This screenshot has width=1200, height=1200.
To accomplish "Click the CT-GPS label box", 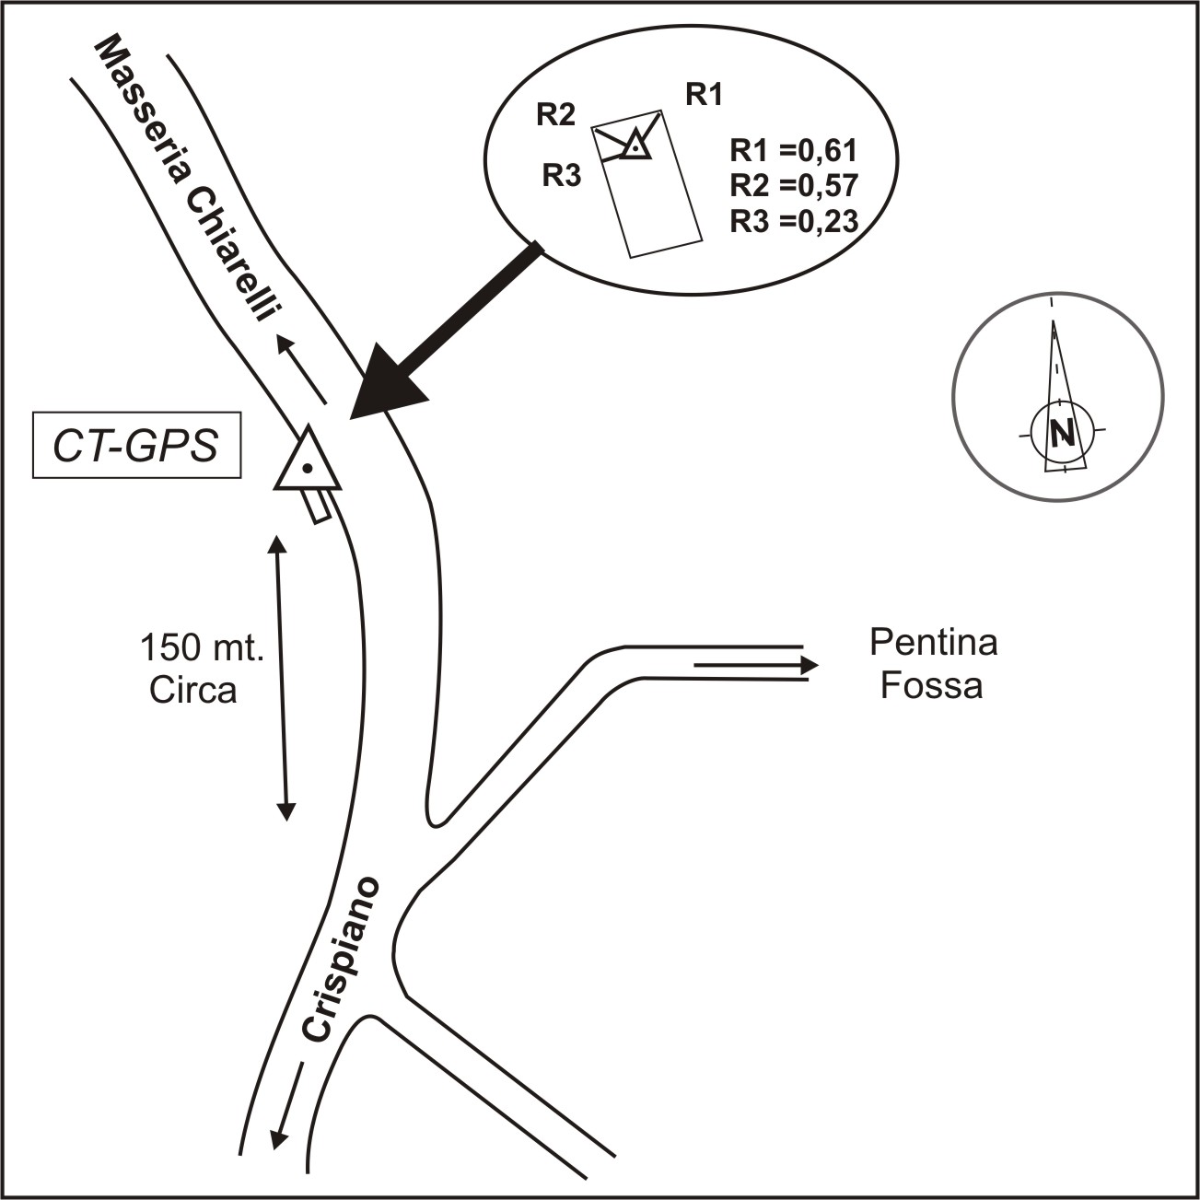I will pos(136,448).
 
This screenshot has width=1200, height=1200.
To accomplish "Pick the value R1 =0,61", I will pos(794,150).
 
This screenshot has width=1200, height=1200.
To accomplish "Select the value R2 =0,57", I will pos(794,185).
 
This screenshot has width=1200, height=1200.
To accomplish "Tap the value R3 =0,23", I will pos(794,221).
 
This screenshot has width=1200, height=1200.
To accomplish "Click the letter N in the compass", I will pos(1063,432).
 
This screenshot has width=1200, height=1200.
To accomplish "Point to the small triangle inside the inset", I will pos(635,146).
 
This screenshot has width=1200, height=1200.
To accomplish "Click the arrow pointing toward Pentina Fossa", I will pos(755,664).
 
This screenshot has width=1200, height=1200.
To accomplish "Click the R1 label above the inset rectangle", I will pos(704,94).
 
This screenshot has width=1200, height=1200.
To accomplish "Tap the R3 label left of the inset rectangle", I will pos(561,174).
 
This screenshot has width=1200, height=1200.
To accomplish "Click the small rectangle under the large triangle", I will pos(320,506).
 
